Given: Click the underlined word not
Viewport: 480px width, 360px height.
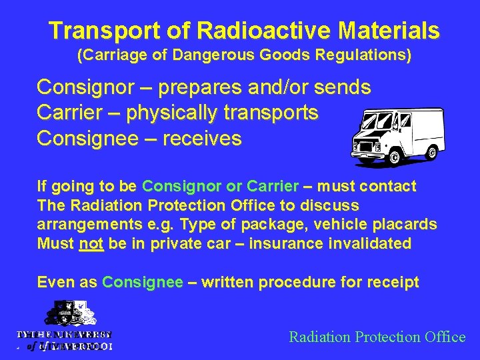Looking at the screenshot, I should (91, 244).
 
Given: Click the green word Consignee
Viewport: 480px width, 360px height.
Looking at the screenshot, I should (142, 283).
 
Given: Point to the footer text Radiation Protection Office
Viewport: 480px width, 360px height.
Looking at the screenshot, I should (377, 337).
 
